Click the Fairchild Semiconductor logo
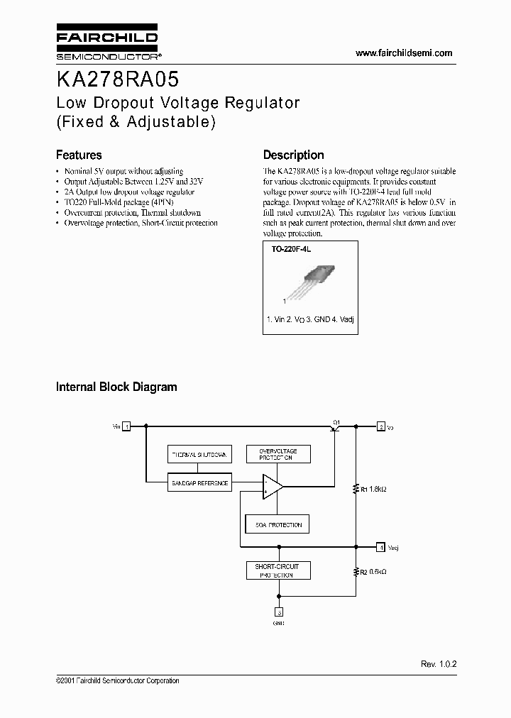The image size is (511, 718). point(107,43)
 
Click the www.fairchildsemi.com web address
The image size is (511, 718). point(403,53)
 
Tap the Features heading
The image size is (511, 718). point(79,155)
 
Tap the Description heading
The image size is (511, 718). point(293,155)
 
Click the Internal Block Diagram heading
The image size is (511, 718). point(116,387)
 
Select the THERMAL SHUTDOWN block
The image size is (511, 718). point(199,454)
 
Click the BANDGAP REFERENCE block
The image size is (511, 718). point(199,483)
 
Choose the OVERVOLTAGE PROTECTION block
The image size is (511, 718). point(278,454)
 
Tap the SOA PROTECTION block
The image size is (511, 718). point(278,525)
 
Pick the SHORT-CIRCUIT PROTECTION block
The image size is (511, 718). point(278,570)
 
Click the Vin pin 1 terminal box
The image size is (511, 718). point(126,426)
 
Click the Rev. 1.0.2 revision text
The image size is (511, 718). point(438,663)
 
